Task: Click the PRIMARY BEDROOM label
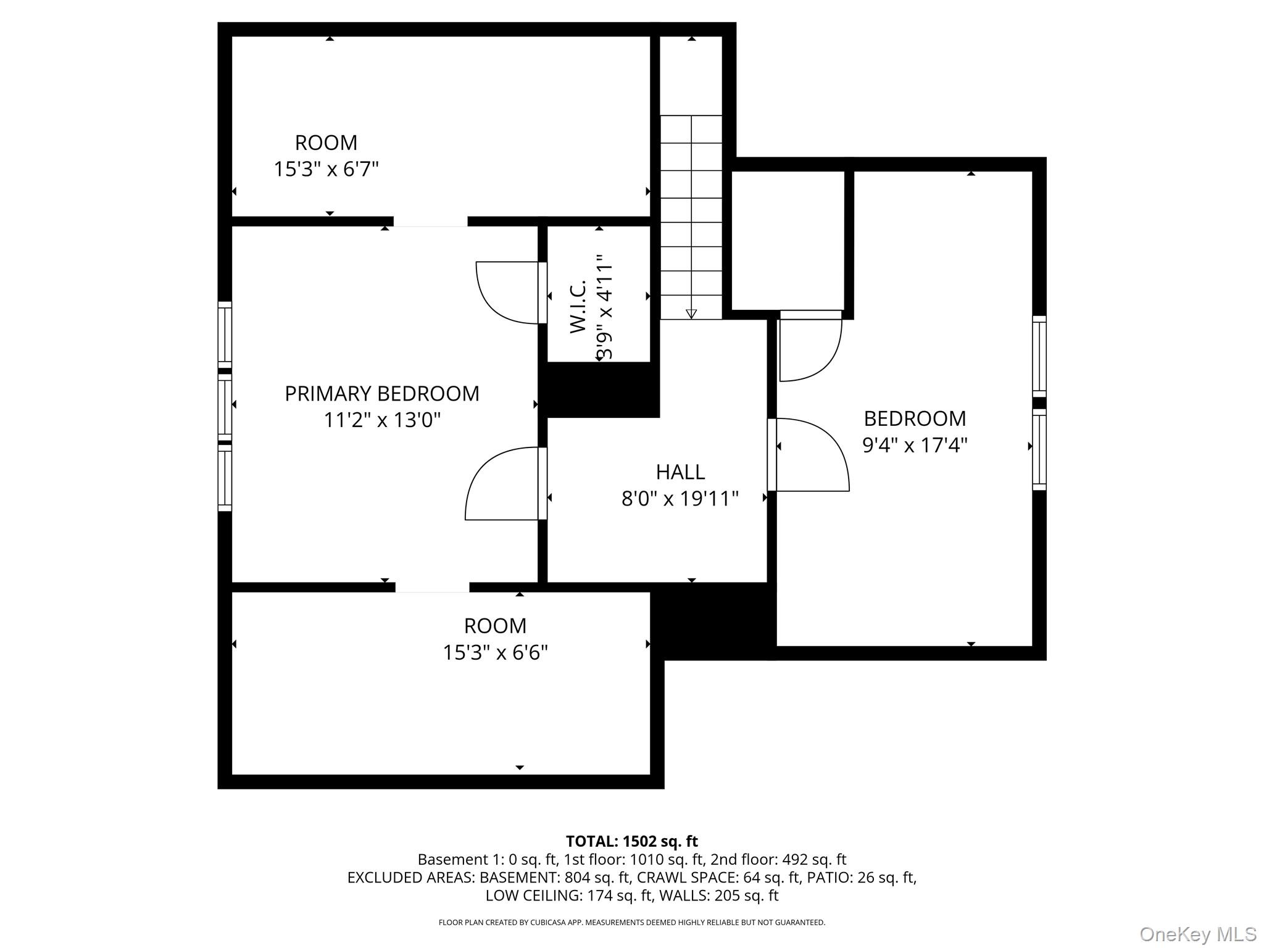(x=381, y=394)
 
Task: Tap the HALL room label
(x=680, y=472)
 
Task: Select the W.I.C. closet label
(x=578, y=307)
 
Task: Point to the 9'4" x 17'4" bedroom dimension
(x=915, y=445)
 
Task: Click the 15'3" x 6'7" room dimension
(x=326, y=169)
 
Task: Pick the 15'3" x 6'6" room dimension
(x=495, y=652)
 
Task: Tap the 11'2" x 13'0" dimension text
(x=382, y=420)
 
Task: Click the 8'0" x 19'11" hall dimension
(x=680, y=499)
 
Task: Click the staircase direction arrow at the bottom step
(x=691, y=314)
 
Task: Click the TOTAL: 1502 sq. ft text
(x=631, y=841)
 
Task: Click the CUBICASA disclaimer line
(x=631, y=923)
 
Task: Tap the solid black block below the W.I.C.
(x=599, y=390)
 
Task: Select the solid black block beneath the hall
(x=713, y=621)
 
